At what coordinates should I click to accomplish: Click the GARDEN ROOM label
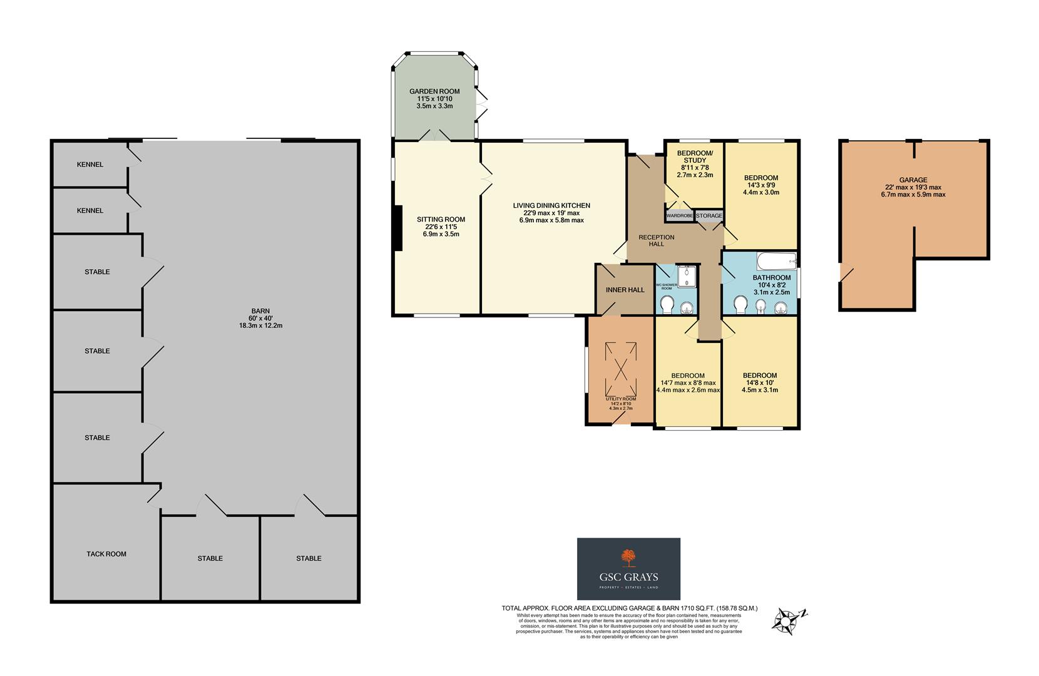(x=434, y=92)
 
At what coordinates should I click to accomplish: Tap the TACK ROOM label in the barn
(x=106, y=554)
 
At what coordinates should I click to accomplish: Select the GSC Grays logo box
(x=628, y=568)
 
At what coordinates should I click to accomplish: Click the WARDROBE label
(x=679, y=216)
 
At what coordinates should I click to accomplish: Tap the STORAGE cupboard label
(x=709, y=216)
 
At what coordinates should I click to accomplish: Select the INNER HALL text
(x=625, y=290)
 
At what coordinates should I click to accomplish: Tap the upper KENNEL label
(x=90, y=165)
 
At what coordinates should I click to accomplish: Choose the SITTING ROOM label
(x=441, y=220)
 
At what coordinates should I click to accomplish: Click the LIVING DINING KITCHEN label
(x=551, y=206)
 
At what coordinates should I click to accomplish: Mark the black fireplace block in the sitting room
(x=397, y=228)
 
